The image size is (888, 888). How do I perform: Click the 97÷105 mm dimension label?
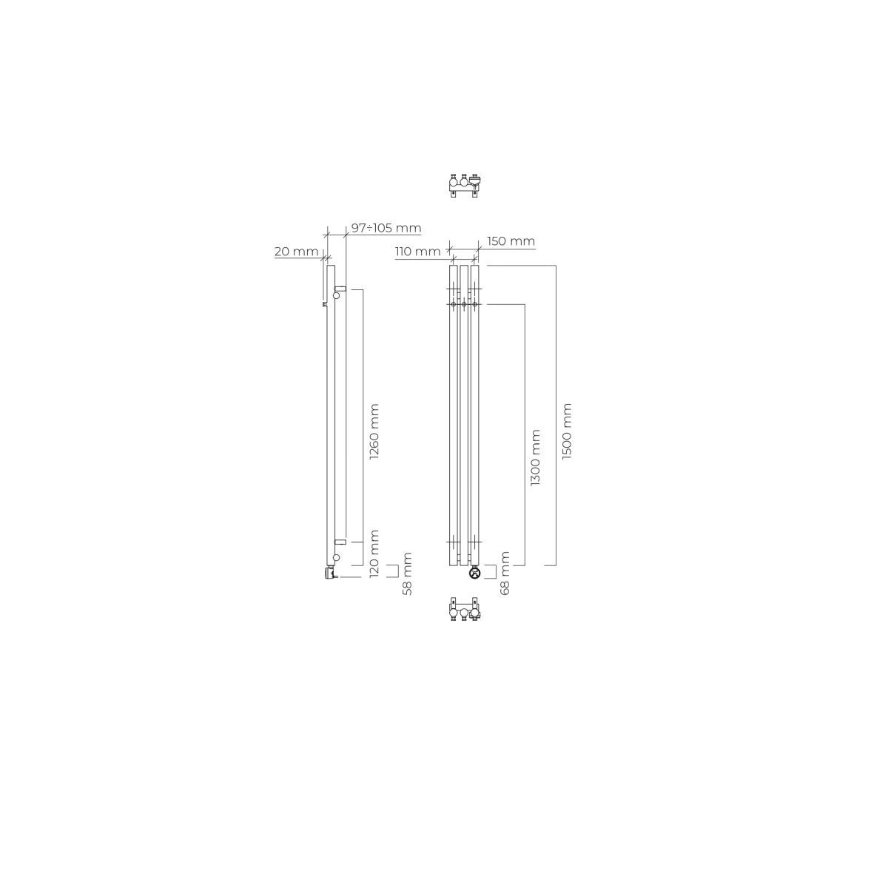[386, 228]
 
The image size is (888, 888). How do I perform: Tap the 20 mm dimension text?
[296, 252]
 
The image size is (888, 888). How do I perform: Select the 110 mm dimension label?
[417, 252]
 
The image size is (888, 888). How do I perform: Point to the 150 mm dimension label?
[511, 241]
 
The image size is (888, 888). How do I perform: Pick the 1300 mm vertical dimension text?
[535, 457]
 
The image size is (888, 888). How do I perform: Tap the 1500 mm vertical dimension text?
[567, 431]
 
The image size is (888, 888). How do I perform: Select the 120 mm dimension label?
[374, 554]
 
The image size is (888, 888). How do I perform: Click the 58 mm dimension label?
[407, 573]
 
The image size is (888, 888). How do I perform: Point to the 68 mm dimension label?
[505, 573]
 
